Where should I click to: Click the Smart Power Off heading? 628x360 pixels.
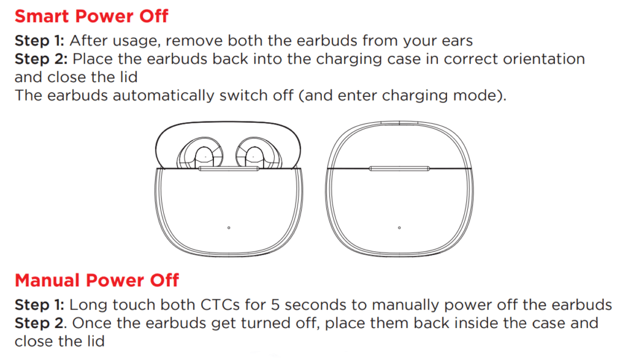click(91, 15)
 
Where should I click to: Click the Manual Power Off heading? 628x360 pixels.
click(97, 280)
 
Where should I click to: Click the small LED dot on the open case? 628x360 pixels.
click(229, 228)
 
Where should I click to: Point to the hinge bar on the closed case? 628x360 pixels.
click(400, 167)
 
